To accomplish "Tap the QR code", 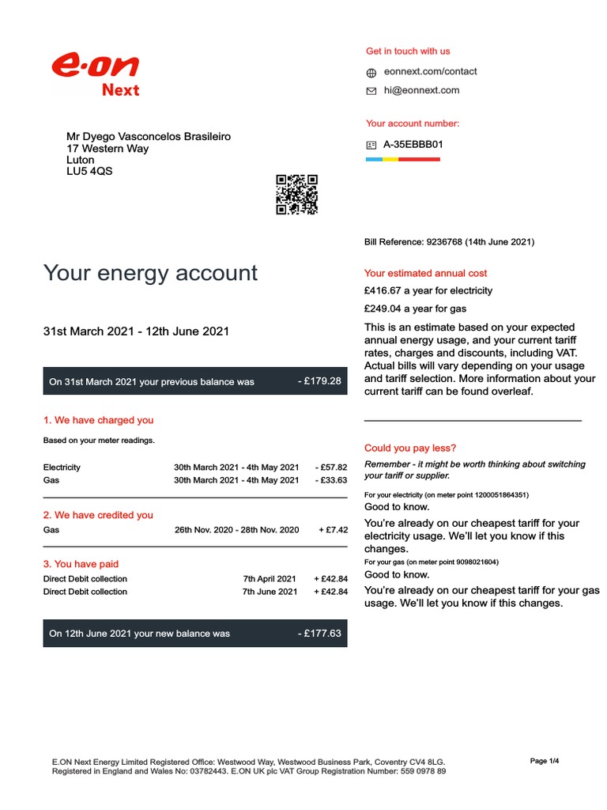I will (296, 195).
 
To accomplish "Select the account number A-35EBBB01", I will (413, 145).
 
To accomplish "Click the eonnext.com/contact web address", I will (430, 71).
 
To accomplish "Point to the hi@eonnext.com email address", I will (421, 90).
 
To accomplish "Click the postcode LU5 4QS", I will (89, 171).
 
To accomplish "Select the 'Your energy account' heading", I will (150, 273).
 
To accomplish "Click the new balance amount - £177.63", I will (320, 633).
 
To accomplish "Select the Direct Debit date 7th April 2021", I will (270, 579).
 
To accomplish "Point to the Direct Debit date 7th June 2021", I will (270, 592).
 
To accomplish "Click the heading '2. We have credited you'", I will (98, 515).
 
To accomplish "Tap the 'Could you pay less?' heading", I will (410, 448).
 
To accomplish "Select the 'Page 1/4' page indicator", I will (544, 761).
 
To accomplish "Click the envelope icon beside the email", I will (371, 91).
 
